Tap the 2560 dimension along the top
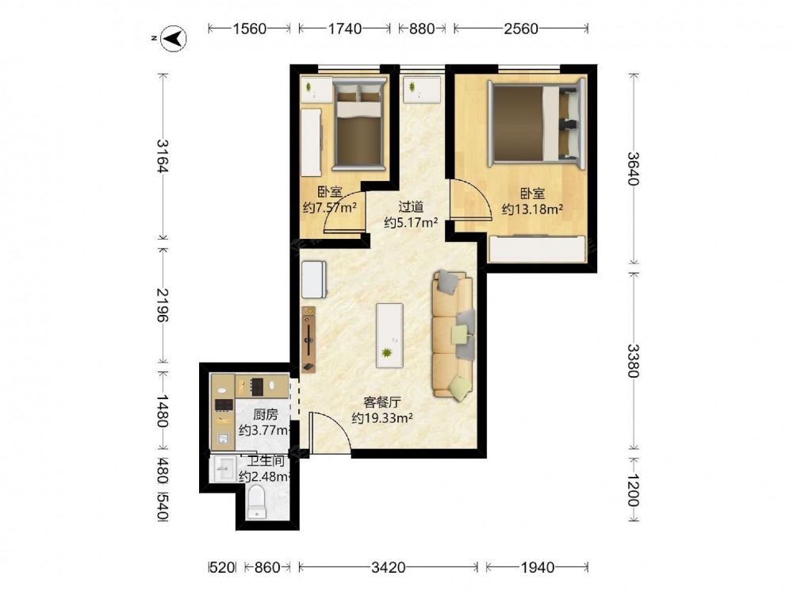click(x=521, y=29)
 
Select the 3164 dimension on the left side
click(x=162, y=155)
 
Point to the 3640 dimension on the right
click(x=633, y=168)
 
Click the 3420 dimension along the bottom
click(x=388, y=568)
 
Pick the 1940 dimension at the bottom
click(x=537, y=568)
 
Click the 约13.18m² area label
click(x=533, y=209)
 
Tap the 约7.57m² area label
click(x=330, y=207)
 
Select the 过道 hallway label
click(x=411, y=207)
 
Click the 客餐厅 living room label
click(x=382, y=403)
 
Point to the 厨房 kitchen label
click(x=266, y=415)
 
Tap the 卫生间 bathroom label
click(x=265, y=462)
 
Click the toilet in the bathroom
click(x=257, y=502)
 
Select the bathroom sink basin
click(x=223, y=470)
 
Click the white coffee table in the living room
click(x=389, y=336)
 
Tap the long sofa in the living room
click(x=454, y=336)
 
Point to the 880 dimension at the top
click(x=422, y=29)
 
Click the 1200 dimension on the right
click(x=633, y=489)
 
